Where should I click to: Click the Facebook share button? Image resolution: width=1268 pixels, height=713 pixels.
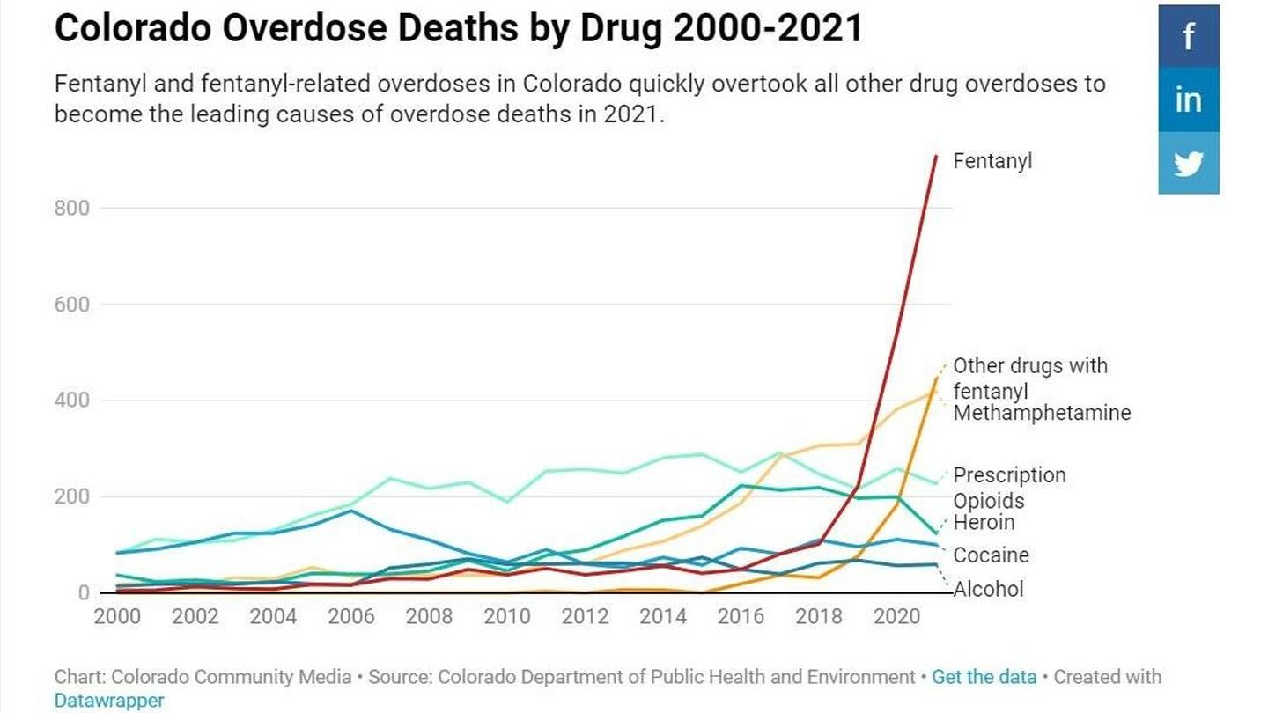(1188, 36)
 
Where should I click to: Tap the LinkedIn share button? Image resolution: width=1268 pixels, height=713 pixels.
(1188, 99)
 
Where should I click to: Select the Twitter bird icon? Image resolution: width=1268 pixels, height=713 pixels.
(1188, 164)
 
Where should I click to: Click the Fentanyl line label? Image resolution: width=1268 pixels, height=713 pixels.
(992, 161)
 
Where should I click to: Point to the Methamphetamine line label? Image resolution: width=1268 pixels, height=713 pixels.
(1041, 413)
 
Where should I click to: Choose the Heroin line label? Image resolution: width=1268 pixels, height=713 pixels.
(984, 522)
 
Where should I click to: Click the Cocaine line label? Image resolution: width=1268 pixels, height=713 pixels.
(991, 555)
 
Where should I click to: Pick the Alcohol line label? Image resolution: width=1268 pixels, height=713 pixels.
(988, 589)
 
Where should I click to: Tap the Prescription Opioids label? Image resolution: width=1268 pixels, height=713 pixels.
(1008, 488)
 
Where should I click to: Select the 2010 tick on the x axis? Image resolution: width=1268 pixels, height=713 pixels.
(506, 616)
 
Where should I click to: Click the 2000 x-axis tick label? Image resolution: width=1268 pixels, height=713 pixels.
(116, 616)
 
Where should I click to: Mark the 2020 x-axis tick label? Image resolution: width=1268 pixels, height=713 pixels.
(896, 616)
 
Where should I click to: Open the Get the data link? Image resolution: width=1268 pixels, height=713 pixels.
(984, 677)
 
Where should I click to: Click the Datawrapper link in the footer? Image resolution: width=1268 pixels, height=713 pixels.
(108, 701)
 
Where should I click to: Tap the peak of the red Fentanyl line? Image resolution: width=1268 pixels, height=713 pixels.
(935, 156)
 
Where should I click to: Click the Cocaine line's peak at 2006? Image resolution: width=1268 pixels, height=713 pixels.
(350, 511)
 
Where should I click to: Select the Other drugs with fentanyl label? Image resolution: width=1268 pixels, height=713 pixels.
(1029, 378)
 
